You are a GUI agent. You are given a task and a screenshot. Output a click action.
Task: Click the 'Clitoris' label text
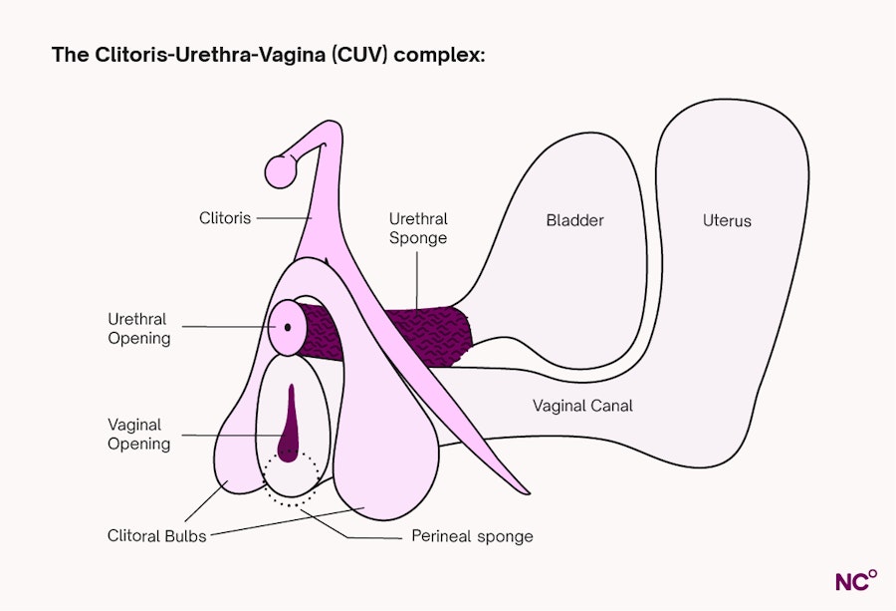coord(225,217)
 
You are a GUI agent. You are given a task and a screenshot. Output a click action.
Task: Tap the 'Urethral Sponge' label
coord(418,228)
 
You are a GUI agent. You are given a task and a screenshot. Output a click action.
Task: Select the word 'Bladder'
coord(574,220)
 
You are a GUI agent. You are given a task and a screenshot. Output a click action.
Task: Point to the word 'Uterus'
coord(727,220)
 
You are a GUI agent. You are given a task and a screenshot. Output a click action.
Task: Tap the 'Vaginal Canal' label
coord(582,406)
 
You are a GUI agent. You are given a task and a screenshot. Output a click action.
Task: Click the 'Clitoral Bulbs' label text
coord(157,536)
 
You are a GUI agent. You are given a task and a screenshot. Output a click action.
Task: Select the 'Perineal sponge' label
coord(472,536)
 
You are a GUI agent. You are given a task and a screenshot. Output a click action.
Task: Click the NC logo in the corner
coord(855,580)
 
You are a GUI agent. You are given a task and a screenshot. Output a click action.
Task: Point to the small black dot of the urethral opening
coord(288,327)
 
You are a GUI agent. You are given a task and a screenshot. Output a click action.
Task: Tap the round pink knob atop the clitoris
coord(280,170)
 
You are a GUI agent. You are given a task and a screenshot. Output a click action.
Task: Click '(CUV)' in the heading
coord(361,55)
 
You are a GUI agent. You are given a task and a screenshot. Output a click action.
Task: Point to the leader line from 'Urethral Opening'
coord(229,327)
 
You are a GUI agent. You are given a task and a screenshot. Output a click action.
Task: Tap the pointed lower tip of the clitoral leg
coord(525,491)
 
